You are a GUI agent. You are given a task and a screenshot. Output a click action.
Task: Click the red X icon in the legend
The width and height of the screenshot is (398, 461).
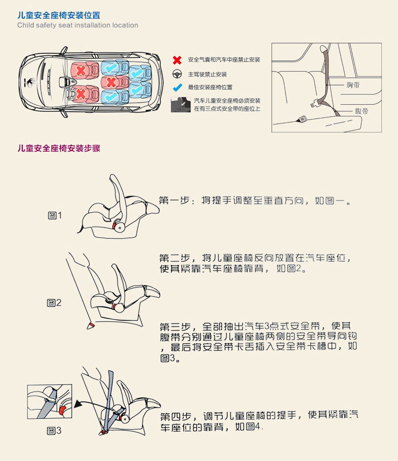pos(177,60)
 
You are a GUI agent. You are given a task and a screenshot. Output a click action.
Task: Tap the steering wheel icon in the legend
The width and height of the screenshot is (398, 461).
pos(177,74)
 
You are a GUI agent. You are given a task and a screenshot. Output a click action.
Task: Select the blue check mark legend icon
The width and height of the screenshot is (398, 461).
pos(177,87)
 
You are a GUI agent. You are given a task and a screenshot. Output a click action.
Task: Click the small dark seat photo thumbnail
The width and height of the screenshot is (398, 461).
pos(180,105)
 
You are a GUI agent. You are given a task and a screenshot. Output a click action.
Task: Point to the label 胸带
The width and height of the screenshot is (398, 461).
pos(353,85)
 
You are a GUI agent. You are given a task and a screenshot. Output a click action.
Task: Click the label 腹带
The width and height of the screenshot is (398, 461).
pos(361,111)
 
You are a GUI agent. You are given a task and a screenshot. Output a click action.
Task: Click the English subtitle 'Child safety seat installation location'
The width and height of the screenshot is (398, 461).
pos(78,25)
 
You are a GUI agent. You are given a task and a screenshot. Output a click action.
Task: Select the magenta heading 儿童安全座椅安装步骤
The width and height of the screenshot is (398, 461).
pos(59,148)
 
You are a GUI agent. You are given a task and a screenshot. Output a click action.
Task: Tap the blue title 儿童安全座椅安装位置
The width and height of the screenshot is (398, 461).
pos(59,15)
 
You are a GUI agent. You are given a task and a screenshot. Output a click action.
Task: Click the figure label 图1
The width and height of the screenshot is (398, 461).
pos(55,216)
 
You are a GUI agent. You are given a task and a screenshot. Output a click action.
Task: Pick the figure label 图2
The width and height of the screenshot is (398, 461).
pos(54,303)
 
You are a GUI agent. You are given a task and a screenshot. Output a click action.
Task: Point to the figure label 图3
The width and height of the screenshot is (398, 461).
pos(54,431)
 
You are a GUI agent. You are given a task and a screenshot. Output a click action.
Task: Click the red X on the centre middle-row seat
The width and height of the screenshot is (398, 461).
pos(111,82)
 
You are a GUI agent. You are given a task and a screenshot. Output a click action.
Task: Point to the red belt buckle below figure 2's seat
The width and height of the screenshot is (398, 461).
pos(91,325)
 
